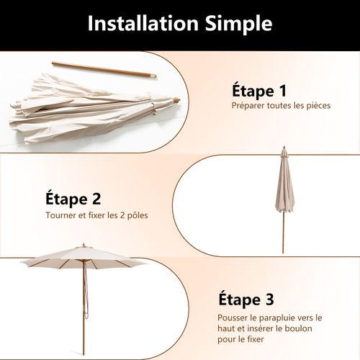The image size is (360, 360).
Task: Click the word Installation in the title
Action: [x=143, y=23]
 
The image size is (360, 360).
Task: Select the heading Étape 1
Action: [x=259, y=91]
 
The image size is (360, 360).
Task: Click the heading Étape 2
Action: [x=73, y=199]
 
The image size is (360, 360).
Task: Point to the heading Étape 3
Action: [x=246, y=300]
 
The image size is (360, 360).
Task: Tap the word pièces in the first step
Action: [x=318, y=106]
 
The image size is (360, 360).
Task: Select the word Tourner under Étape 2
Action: [x=61, y=215]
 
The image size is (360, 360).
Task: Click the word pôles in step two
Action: [x=138, y=215]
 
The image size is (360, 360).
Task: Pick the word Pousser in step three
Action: [x=233, y=318]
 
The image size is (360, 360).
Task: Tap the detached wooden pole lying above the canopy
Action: [x=104, y=70]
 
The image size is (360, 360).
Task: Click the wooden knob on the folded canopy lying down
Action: [x=176, y=100]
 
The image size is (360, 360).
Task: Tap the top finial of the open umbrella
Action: [x=84, y=245]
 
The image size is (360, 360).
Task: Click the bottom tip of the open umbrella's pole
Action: [x=84, y=355]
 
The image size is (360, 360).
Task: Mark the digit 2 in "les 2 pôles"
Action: [x=122, y=215]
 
